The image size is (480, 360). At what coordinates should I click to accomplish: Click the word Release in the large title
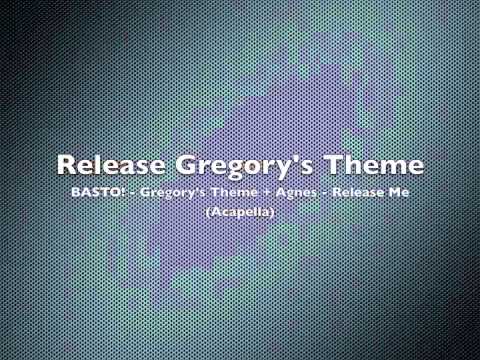pos(112,163)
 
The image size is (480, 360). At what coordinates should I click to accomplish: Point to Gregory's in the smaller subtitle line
pos(177,191)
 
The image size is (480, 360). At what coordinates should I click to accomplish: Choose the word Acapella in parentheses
pos(240,213)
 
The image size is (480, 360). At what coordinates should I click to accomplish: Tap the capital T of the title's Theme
pos(336,163)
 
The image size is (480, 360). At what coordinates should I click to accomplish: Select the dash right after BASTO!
pos(134,192)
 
